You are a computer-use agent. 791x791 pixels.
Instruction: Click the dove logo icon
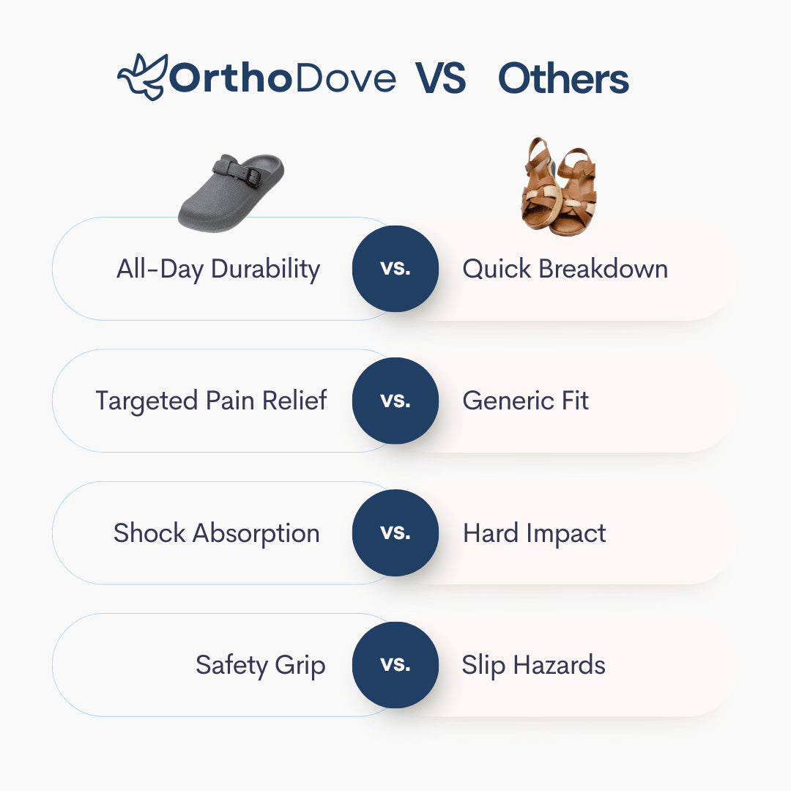[141, 77]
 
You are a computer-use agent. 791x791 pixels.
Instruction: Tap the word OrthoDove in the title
[283, 78]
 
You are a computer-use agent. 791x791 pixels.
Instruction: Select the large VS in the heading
[440, 78]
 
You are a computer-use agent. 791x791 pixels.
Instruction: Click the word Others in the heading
[563, 78]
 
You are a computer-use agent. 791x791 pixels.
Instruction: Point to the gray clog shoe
[231, 193]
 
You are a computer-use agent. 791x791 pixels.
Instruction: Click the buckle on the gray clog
[252, 176]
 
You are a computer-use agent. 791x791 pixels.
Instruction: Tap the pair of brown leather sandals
[559, 187]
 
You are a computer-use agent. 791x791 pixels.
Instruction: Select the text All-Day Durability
[218, 269]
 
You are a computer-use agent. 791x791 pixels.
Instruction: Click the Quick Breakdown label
[565, 268]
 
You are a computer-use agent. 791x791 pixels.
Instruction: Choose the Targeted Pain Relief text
[211, 401]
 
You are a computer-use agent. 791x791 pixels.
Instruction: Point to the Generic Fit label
[525, 401]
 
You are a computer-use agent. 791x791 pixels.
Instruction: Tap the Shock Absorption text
[216, 533]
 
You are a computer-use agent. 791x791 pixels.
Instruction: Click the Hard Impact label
[534, 533]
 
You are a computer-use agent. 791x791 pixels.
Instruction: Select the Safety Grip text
[260, 665]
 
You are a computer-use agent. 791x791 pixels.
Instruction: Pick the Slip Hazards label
[533, 665]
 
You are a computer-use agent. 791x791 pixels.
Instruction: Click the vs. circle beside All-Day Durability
[395, 269]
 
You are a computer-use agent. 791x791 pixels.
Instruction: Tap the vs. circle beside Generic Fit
[395, 401]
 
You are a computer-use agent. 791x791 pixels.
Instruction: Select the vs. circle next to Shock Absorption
[395, 533]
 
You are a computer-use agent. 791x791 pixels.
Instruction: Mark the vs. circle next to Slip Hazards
[395, 665]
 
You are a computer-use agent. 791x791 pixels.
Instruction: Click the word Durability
[265, 269]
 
